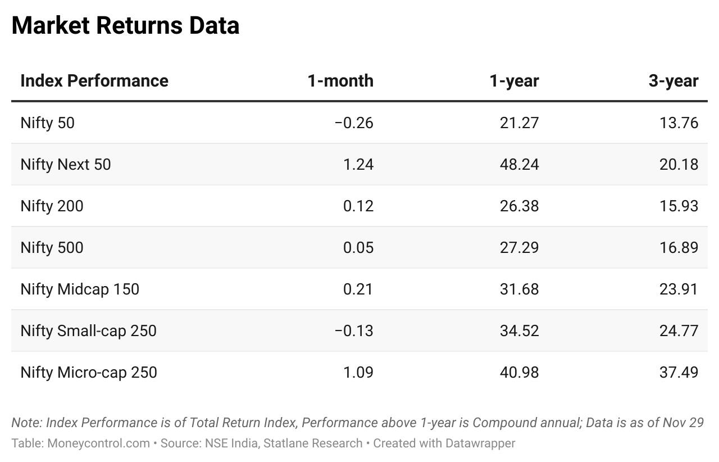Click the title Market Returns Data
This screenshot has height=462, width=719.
[125, 26]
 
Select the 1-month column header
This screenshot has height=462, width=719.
[340, 80]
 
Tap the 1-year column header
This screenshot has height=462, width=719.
[513, 80]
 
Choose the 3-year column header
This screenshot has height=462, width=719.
[673, 80]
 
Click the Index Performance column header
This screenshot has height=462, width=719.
[94, 80]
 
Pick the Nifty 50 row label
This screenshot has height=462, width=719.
[47, 123]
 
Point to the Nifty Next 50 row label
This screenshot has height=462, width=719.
[66, 164]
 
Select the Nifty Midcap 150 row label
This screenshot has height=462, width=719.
[80, 289]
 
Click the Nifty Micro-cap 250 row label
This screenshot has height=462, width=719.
[89, 372]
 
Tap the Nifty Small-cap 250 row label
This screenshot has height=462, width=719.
[88, 330]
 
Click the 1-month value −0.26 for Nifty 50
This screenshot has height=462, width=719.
[353, 123]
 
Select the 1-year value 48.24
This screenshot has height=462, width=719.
[519, 164]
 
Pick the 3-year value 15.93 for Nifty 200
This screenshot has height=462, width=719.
[679, 206]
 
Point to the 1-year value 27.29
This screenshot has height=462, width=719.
[519, 247]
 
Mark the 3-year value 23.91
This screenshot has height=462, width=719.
[679, 289]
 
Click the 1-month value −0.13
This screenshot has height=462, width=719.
[353, 330]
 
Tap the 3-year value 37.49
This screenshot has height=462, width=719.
[679, 372]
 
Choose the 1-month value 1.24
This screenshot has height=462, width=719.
[358, 164]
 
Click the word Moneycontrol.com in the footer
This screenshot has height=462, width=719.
[98, 443]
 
